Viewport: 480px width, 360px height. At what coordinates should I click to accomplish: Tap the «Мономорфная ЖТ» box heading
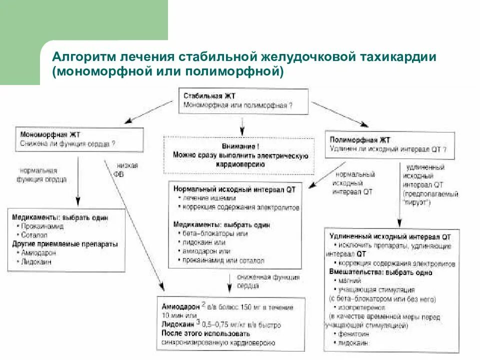click(x=50, y=134)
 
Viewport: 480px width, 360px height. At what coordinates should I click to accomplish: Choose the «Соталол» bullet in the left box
click(x=34, y=234)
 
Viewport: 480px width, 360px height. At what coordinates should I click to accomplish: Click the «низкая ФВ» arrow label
click(x=126, y=170)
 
